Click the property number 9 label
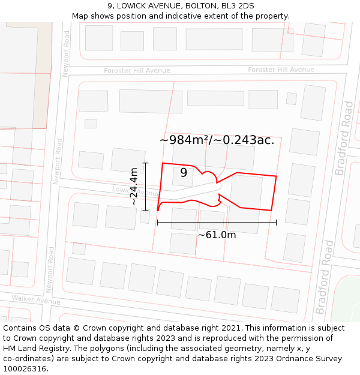[184, 173]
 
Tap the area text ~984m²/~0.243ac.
[217, 140]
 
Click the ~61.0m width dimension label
[217, 235]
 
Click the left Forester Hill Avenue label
[137, 71]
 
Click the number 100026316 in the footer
[26, 368]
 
